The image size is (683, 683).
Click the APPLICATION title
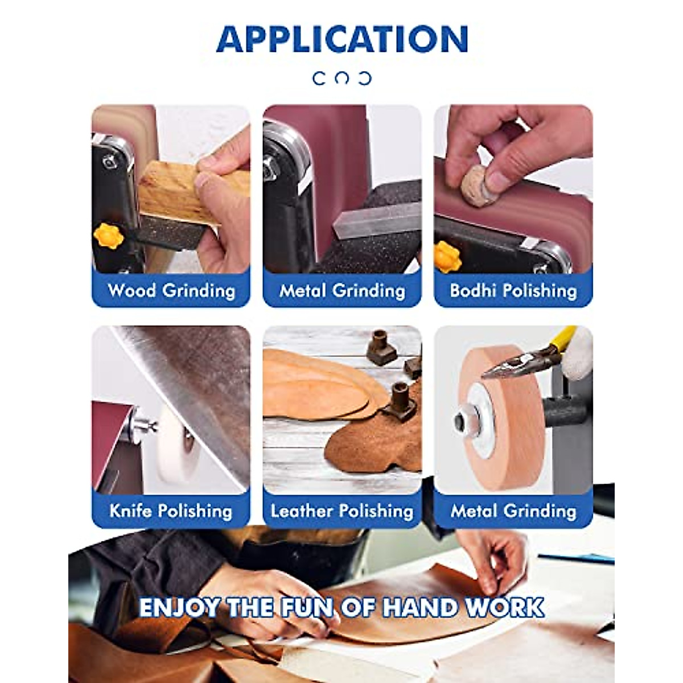click(x=342, y=39)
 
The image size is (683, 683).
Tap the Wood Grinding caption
click(x=171, y=291)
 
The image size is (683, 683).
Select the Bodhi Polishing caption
click(x=513, y=291)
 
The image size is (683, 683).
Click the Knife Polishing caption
click(x=171, y=511)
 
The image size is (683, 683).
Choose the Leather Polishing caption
click(x=342, y=511)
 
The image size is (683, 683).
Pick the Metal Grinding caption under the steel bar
click(x=342, y=291)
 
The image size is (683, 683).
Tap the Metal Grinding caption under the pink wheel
click(x=513, y=511)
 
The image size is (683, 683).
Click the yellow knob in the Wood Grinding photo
click(x=108, y=236)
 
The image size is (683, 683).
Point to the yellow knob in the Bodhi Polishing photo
click(x=447, y=257)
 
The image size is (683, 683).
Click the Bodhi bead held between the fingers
click(x=475, y=183)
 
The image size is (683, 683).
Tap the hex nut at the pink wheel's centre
click(x=460, y=422)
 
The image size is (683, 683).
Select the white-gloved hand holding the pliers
click(x=578, y=353)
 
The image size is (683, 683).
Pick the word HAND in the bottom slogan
click(x=419, y=607)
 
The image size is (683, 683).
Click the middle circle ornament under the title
click(x=342, y=78)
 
